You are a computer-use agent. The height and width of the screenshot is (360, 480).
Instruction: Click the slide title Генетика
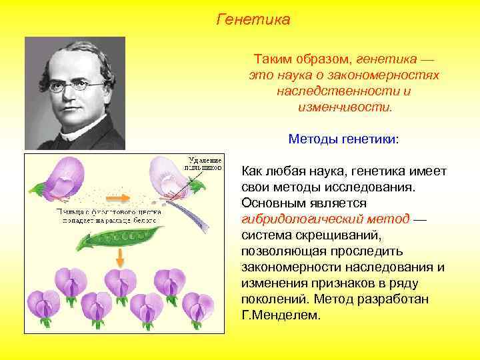click(253, 20)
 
